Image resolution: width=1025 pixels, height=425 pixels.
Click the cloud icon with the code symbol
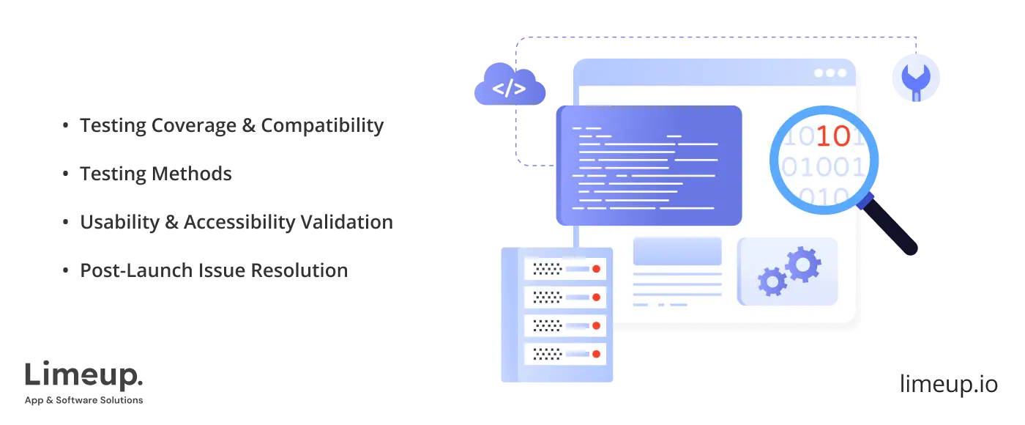510,87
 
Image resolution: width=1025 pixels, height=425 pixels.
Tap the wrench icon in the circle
915,80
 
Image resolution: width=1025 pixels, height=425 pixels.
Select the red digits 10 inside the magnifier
832,136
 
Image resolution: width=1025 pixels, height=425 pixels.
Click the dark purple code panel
649,165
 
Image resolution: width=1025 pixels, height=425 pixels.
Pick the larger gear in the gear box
802,264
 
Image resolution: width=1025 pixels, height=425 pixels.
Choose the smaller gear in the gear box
772,281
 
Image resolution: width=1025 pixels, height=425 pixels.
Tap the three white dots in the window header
830,73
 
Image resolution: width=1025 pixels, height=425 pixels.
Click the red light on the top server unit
596,269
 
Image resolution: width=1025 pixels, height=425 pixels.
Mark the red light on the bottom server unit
596,353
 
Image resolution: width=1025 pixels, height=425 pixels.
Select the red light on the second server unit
596,297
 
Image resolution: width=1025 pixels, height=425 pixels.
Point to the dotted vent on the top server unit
546,269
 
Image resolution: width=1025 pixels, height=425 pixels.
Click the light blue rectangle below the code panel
677,251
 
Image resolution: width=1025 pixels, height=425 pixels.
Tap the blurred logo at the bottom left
84,380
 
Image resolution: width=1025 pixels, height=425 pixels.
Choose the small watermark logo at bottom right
947,381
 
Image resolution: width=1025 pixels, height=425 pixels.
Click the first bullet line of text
231,126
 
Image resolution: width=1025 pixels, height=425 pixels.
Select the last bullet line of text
213,270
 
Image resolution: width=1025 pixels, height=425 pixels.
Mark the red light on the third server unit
596,325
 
